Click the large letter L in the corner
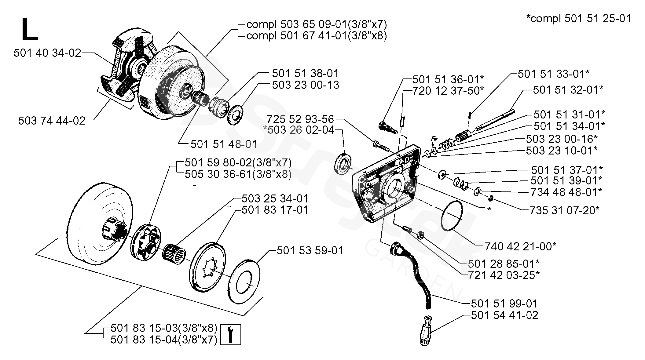click(x=30, y=29)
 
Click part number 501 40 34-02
click(x=47, y=53)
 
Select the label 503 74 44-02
click(x=52, y=121)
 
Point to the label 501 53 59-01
click(x=310, y=250)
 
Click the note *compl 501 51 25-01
click(x=578, y=19)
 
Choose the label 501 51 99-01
click(x=504, y=304)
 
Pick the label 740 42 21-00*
click(x=520, y=246)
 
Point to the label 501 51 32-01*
click(x=568, y=90)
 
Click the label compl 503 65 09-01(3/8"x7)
click(x=317, y=24)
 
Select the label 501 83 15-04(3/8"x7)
click(x=164, y=340)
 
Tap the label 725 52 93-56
click(x=300, y=119)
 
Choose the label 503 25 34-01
click(x=275, y=198)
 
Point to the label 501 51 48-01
click(x=224, y=144)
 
